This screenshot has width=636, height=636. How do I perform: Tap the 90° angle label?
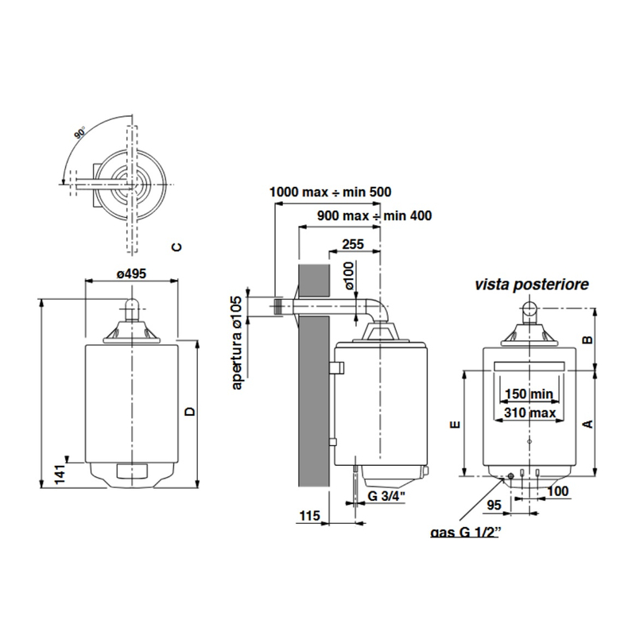79,134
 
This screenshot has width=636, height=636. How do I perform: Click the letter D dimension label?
188,411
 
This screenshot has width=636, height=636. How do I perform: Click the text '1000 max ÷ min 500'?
330,192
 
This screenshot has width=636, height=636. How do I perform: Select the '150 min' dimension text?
528,394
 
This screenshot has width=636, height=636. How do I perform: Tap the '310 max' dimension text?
528,413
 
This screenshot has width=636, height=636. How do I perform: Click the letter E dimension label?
454,425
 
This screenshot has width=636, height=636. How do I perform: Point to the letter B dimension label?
588,339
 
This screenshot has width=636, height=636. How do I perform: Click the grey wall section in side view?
312,374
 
